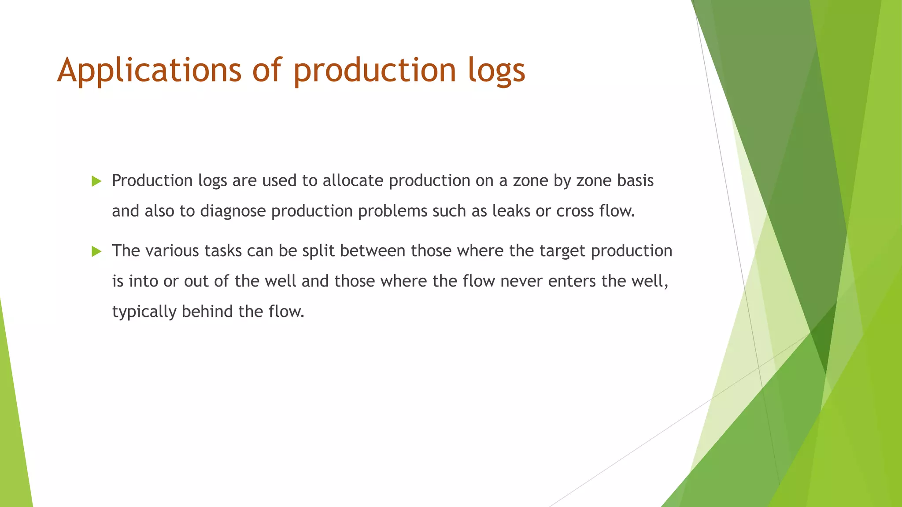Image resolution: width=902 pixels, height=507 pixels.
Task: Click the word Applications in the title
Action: (x=149, y=70)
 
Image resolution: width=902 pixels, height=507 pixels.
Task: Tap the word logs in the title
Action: (x=496, y=70)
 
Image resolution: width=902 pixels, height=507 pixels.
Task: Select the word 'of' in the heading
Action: (x=266, y=70)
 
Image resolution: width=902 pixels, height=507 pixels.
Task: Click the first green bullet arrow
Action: (x=96, y=181)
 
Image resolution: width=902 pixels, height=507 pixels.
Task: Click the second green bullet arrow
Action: (x=96, y=251)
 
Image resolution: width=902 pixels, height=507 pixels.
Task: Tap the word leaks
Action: (x=511, y=211)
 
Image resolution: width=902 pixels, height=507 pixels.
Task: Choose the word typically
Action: (x=144, y=312)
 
